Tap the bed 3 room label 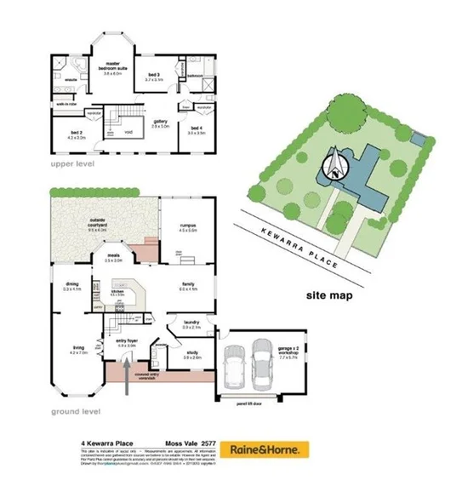click(153, 77)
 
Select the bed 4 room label click(197, 130)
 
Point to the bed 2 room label click(76, 134)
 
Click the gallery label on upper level click(159, 123)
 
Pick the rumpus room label click(188, 227)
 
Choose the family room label click(188, 286)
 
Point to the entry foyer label click(127, 343)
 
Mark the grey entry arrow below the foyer click(127, 375)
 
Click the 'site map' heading click(328, 296)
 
